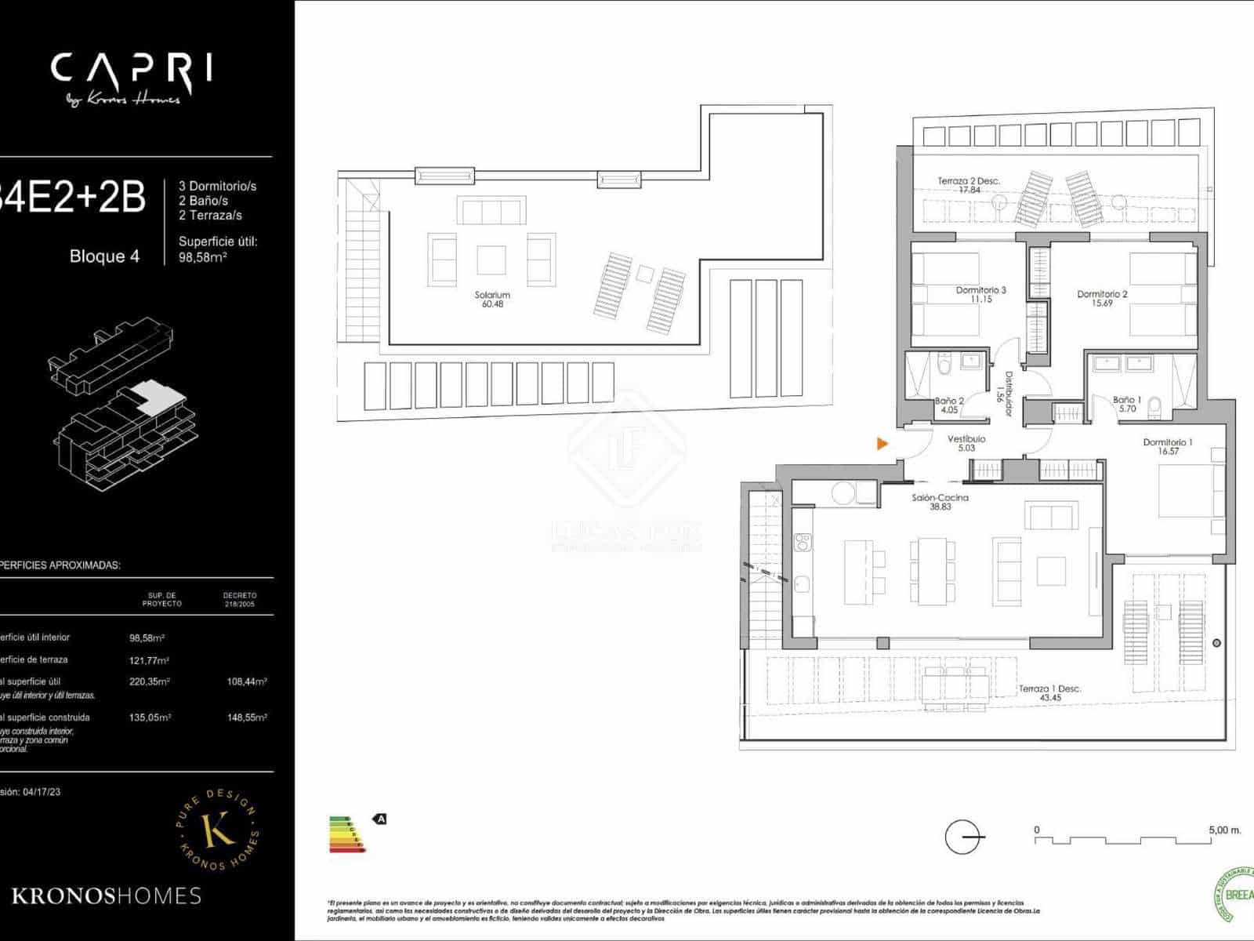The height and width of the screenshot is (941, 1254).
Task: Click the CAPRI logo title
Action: [132, 70]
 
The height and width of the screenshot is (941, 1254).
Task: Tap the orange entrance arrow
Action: [883, 444]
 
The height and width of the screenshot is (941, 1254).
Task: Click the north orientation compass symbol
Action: [963, 837]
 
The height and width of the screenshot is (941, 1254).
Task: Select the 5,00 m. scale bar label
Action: [1224, 830]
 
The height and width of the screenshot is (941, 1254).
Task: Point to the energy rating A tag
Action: [381, 819]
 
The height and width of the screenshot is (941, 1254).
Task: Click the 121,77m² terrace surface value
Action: [149, 660]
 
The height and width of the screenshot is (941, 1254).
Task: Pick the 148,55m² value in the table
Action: [247, 718]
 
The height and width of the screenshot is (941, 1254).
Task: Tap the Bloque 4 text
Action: [104, 256]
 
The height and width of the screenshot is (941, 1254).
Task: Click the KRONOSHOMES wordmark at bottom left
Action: [106, 896]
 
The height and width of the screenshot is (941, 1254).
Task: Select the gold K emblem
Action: [218, 830]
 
